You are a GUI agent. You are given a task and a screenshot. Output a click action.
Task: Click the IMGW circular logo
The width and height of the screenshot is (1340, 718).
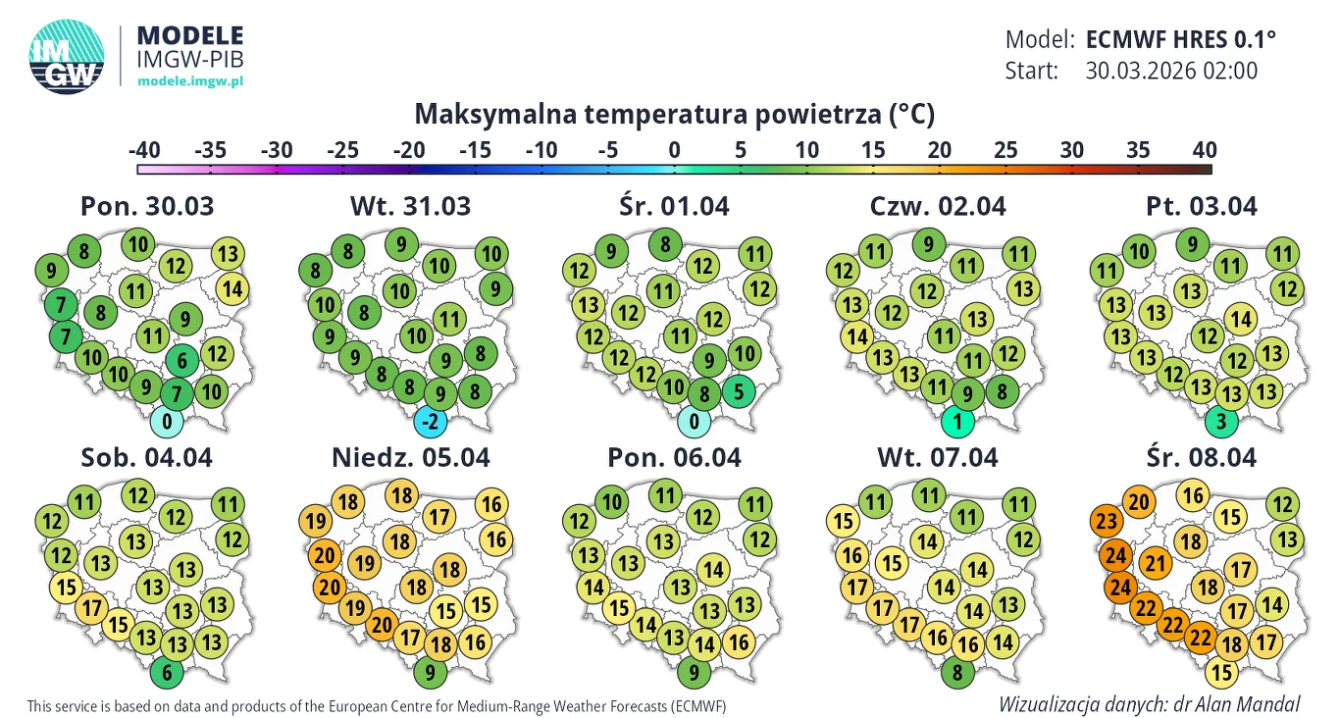pos(67,58)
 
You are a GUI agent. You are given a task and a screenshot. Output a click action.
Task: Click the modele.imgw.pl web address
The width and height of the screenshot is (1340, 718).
pos(189,81)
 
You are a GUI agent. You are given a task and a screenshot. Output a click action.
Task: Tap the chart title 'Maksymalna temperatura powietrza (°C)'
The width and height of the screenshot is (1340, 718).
pos(675,115)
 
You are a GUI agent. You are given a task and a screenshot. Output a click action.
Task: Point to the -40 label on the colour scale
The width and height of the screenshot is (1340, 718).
pos(144,150)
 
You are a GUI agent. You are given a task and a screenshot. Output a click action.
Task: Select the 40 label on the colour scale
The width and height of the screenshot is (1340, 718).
pos(1205,150)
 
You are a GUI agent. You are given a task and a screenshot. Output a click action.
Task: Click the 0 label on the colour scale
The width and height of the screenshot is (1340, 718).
pos(675,150)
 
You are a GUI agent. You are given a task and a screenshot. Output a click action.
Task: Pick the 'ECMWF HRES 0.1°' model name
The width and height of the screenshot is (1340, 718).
pos(1182,40)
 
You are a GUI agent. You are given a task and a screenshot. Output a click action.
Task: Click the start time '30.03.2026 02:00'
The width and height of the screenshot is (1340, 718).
pos(1171,71)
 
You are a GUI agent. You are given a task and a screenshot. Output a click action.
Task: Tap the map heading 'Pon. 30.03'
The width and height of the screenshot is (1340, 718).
pos(146,206)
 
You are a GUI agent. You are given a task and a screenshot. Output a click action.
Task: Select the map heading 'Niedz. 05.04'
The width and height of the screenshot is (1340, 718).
pos(410,457)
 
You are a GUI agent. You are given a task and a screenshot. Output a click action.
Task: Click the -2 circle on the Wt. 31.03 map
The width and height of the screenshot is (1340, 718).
pos(428,423)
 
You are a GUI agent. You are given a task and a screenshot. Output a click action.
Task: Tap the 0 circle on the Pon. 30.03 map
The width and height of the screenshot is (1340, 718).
pos(168,423)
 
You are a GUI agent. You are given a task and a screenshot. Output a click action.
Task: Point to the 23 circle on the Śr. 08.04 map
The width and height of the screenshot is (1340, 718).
pos(1108,520)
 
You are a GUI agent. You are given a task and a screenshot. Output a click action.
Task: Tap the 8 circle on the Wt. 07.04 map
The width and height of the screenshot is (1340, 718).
pos(957,673)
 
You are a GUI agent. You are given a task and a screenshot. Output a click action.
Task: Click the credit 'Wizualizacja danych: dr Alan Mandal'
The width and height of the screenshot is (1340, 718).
pos(1150,704)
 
